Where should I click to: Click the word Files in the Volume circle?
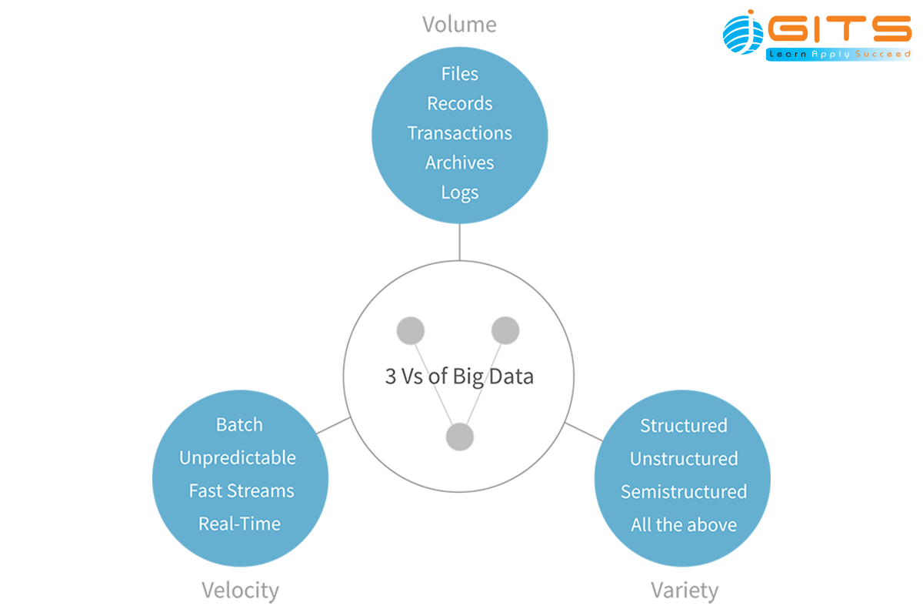460,74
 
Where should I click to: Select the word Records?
460,103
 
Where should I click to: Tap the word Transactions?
460,133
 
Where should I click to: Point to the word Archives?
460,162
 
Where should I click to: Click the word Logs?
460,192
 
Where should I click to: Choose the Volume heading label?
459,25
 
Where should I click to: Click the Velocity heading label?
240,591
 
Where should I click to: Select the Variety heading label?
684,591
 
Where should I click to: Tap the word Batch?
239,425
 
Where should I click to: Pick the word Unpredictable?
238,458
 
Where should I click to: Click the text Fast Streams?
242,491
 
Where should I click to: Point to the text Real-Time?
239,524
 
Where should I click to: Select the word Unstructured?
684,459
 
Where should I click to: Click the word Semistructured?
684,492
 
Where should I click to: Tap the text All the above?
684,525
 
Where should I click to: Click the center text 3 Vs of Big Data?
459,377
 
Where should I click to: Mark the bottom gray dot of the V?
460,437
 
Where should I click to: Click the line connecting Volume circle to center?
459,242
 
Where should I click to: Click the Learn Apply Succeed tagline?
838,55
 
